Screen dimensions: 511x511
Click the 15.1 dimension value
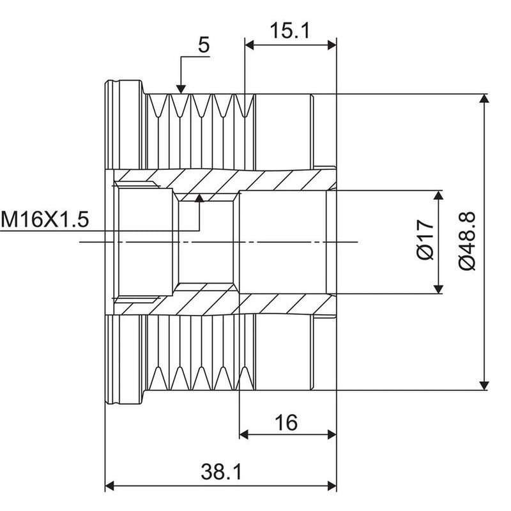pyautogui.click(x=290, y=30)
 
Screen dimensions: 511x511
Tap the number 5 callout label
pyautogui.click(x=204, y=45)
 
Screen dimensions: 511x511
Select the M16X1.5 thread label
pyautogui.click(x=44, y=219)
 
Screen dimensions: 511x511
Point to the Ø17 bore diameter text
pyautogui.click(x=425, y=240)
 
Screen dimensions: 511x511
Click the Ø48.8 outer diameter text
pyautogui.click(x=468, y=241)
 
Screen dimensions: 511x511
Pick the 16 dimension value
pyautogui.click(x=286, y=422)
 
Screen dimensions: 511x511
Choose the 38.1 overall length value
pyautogui.click(x=221, y=471)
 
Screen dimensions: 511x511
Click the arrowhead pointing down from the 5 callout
pyautogui.click(x=181, y=89)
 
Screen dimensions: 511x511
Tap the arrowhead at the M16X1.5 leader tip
pyautogui.click(x=199, y=198)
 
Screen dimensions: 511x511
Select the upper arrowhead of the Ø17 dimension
pyautogui.click(x=439, y=195)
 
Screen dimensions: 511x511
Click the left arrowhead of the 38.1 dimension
pyautogui.click(x=109, y=486)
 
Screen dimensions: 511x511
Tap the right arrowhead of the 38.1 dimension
pyautogui.click(x=332, y=486)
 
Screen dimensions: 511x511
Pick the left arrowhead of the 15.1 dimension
pyautogui.click(x=249, y=45)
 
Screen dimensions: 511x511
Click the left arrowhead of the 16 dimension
pyautogui.click(x=244, y=434)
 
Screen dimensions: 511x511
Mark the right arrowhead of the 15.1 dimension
pyautogui.click(x=332, y=45)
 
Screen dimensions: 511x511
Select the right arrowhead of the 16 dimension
pyautogui.click(x=332, y=434)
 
